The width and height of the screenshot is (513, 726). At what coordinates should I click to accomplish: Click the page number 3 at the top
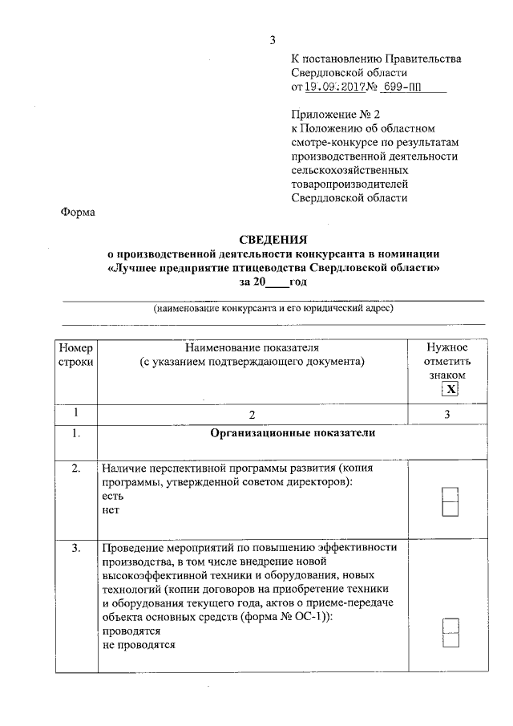273,40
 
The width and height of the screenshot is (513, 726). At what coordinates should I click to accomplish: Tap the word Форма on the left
78,213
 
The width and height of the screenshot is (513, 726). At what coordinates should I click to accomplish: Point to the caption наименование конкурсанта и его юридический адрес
273,309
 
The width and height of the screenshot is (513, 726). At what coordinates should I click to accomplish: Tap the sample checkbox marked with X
451,389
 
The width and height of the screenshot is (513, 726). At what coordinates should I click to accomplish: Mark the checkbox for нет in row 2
450,508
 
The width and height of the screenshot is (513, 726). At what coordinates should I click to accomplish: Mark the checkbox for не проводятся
450,641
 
